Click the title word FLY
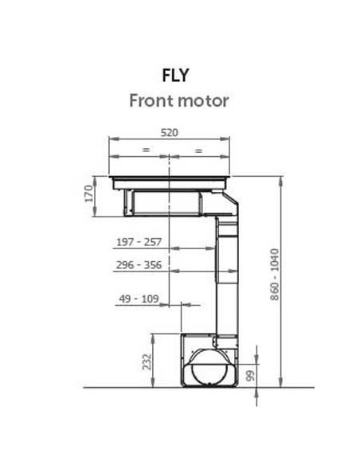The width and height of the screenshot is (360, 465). tap(175, 76)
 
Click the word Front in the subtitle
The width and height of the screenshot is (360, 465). tap(151, 100)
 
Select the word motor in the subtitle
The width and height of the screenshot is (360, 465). tap(203, 101)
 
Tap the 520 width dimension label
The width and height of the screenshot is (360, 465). tap(170, 132)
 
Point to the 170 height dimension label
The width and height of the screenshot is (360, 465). tap(89, 193)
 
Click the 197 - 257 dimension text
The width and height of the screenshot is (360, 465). tap(139, 242)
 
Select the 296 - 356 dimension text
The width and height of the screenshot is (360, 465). tap(139, 265)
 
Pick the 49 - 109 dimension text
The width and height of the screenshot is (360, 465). tap(139, 299)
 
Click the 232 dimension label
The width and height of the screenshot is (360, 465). tap(147, 361)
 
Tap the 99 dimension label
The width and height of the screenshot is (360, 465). tap(251, 377)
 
